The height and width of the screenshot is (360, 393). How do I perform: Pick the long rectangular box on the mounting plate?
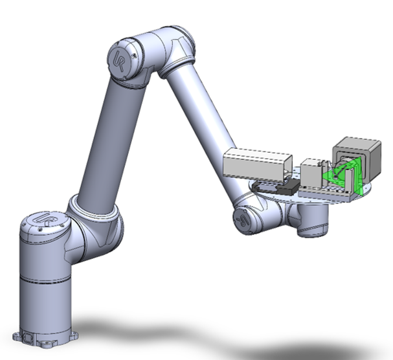click(254, 164)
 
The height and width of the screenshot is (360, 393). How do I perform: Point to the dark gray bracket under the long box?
click(276, 188)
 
